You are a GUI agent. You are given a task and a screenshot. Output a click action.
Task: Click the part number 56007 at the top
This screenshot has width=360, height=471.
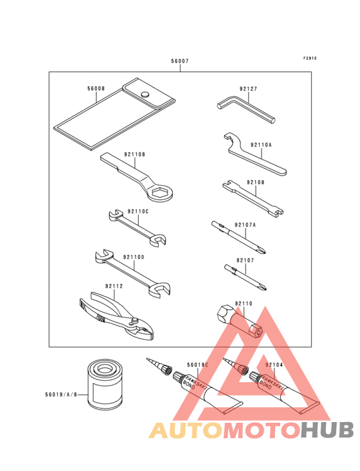coord(180,61)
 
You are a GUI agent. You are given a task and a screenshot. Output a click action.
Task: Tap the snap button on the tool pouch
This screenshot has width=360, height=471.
coord(145,94)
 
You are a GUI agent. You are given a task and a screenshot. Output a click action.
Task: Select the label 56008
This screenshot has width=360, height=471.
coord(96,89)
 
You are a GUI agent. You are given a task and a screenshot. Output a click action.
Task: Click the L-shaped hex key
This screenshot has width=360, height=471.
coord(246,109)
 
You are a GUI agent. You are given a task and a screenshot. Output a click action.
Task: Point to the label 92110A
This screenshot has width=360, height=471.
coord(261,145)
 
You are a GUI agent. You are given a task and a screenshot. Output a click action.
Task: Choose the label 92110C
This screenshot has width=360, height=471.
coord(138,212)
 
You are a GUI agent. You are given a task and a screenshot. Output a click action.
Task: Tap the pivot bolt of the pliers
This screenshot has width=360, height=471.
coord(134,321)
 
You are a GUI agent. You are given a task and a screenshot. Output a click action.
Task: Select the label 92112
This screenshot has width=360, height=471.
coord(114,286)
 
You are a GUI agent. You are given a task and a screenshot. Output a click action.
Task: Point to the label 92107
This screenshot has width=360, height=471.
coord(245,261)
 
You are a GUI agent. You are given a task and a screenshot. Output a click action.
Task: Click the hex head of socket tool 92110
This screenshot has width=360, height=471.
coord(224,314)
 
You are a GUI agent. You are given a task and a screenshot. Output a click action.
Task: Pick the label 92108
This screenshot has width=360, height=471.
coord(256,182)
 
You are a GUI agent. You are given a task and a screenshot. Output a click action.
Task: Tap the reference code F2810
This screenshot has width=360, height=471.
coord(310,59)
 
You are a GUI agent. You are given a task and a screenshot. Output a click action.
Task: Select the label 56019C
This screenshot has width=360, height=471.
coord(197,365)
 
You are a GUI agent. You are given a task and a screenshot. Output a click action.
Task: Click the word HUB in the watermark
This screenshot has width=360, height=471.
coord(328,430)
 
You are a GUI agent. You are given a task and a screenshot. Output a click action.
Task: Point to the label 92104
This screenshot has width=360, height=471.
coord(274,365)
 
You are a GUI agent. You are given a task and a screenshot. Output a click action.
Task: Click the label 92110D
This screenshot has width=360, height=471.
coord(134,257)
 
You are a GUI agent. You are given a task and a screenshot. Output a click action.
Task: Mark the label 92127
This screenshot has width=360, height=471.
coord(248,89)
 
